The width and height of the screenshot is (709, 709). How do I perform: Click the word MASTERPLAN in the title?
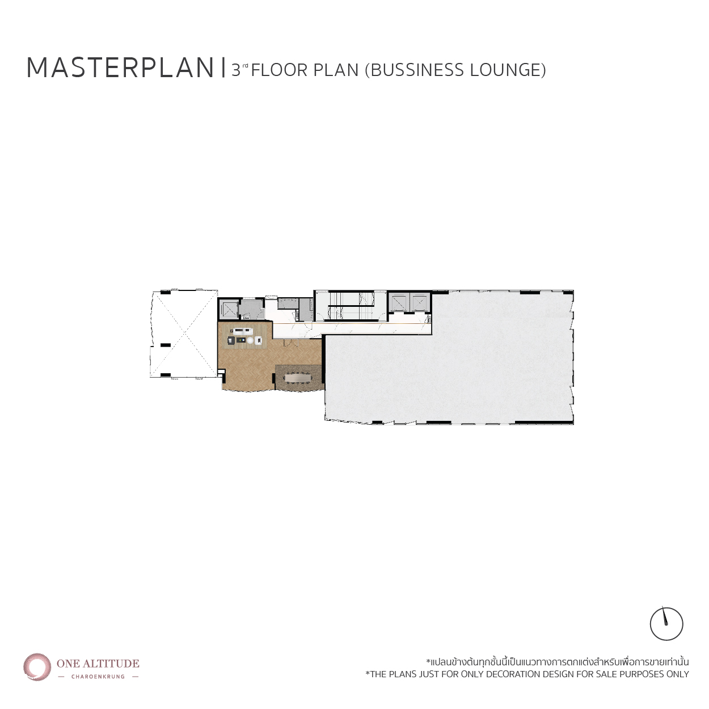120,67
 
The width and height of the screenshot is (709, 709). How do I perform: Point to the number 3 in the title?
236,70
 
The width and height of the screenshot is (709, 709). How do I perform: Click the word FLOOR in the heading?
279,70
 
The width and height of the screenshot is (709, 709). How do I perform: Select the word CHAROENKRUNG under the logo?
98,676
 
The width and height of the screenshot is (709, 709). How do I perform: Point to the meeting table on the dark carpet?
298,378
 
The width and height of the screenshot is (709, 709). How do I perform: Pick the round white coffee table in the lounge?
250,341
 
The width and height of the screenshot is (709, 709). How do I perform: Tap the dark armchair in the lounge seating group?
231,340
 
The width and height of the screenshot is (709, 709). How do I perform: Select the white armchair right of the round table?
258,341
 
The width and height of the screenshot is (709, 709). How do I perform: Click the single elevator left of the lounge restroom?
229,309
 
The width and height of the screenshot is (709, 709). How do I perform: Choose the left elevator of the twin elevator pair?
399,303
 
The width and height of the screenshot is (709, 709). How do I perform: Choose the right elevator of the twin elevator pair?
419,303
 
